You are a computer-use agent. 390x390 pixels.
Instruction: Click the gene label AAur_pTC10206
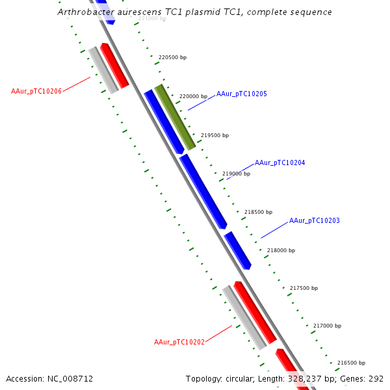(36, 91)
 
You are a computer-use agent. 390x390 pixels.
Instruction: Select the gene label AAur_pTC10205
(241, 94)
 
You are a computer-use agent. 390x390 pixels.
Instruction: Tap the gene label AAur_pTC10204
(279, 162)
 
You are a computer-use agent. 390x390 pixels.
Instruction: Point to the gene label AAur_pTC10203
(314, 221)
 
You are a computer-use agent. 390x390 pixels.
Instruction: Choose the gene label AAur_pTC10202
(179, 342)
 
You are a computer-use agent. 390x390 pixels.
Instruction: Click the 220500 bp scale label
(172, 58)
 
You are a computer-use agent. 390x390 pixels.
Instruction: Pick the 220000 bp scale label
(193, 96)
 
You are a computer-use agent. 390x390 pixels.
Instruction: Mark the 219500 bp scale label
(214, 135)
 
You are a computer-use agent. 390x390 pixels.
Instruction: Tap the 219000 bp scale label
(236, 174)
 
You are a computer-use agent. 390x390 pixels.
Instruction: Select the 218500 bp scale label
(258, 212)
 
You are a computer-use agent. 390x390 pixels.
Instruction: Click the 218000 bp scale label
(281, 250)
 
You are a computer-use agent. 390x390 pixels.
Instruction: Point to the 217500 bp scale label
(303, 288)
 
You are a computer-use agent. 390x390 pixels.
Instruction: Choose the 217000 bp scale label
(327, 326)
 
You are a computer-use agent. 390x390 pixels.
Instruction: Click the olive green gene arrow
(175, 117)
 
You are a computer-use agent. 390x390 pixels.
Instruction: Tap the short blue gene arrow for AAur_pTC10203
(238, 250)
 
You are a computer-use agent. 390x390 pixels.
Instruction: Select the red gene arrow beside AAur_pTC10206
(114, 66)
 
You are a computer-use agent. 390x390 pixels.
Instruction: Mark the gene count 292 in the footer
(376, 378)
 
